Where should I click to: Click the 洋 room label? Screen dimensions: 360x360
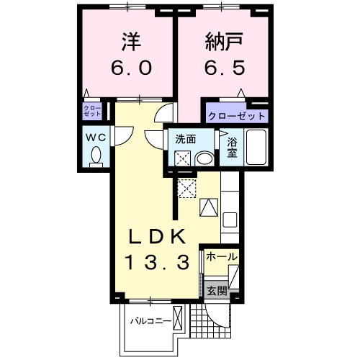131,42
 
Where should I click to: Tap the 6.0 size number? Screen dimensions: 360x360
131,68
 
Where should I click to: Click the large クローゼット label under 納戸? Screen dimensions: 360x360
237,115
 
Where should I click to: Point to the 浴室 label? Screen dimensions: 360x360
233,148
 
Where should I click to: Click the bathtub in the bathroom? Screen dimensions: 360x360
256,148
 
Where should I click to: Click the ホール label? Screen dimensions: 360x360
222,257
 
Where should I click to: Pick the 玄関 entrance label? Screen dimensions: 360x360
217,291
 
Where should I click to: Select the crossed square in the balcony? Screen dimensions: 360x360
179,318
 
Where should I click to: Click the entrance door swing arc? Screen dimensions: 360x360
214,317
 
